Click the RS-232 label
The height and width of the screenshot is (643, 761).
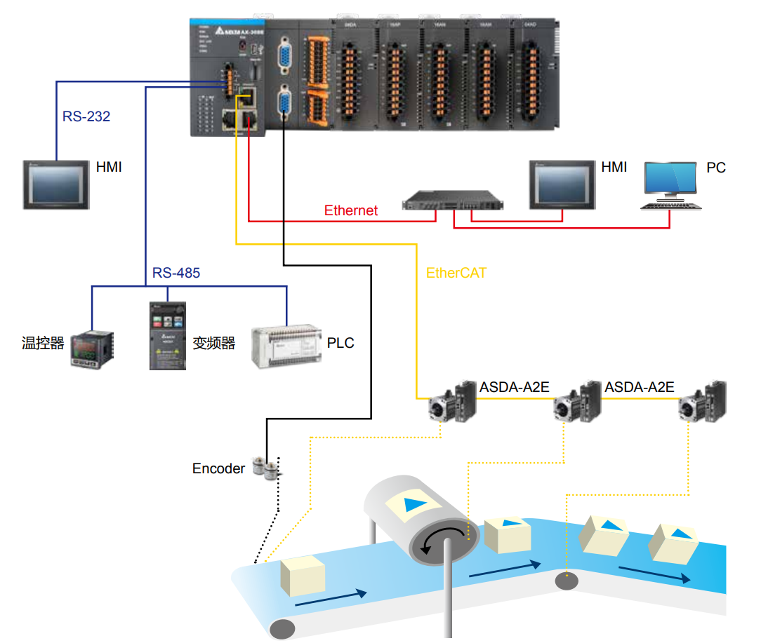tap(86, 116)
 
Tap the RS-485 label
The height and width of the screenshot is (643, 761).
tap(176, 273)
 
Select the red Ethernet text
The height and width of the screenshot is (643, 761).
tap(350, 210)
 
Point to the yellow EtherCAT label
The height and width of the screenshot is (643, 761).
tap(456, 273)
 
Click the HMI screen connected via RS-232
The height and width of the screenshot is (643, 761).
tap(57, 184)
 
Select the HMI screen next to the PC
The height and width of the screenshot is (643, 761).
tap(563, 184)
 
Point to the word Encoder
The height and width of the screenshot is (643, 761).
tap(218, 468)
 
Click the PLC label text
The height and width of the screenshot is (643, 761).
tap(340, 343)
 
